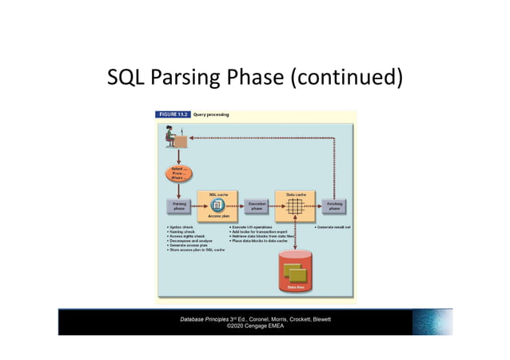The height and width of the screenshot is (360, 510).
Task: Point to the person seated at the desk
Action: [172, 138]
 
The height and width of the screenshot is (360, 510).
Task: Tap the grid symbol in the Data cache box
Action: [295, 207]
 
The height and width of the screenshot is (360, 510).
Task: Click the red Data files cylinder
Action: [295, 272]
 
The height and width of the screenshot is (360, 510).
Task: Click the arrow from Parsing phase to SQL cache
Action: [195, 206]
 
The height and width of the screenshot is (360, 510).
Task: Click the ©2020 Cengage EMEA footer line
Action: [255, 326]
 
